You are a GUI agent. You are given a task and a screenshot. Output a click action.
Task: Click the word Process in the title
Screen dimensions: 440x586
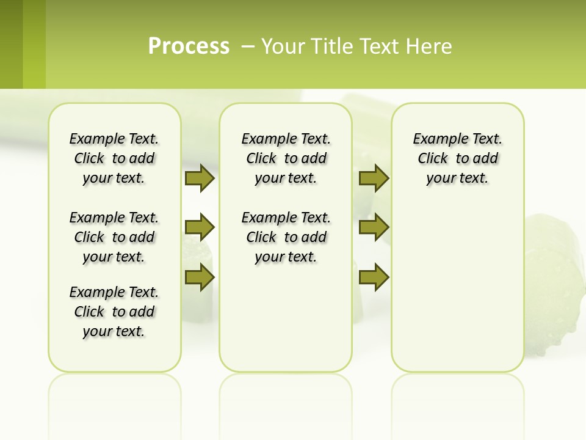(189, 46)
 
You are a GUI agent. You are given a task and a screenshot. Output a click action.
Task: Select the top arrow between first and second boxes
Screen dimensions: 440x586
(200, 178)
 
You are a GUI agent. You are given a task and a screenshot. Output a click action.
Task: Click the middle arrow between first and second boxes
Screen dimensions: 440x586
(200, 227)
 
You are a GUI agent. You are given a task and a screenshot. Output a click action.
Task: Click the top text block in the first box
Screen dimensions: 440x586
(114, 158)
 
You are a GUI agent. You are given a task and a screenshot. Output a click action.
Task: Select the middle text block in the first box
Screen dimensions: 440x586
(114, 237)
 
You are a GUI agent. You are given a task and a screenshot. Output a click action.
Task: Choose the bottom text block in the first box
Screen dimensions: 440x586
(114, 312)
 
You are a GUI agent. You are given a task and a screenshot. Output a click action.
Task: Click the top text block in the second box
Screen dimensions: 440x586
(286, 158)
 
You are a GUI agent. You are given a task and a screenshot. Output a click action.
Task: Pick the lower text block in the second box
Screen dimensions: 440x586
(286, 237)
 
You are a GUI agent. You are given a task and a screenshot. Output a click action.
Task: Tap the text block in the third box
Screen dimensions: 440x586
(458, 158)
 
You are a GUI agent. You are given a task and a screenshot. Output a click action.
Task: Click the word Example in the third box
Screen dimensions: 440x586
(436, 139)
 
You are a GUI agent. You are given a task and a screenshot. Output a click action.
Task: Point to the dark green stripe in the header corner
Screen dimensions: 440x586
(11, 44)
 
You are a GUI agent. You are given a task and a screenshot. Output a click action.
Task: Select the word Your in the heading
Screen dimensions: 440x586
(283, 46)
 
